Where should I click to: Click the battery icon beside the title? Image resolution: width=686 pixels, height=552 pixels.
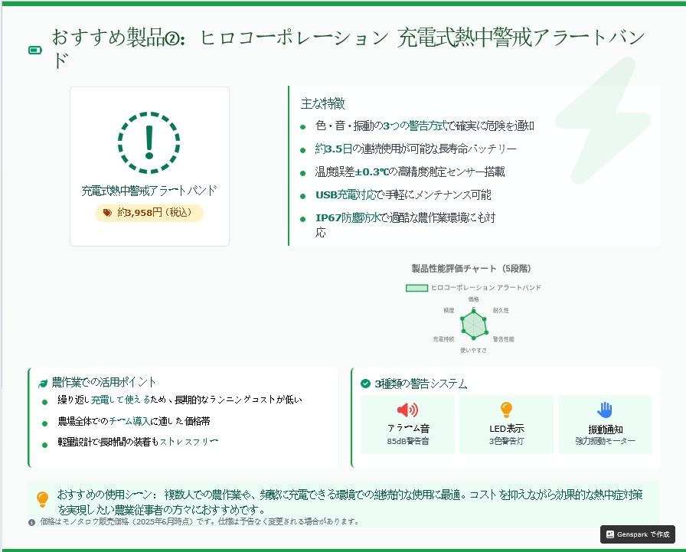point(35,51)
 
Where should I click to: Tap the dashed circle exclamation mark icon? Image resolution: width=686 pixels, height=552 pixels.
point(149,142)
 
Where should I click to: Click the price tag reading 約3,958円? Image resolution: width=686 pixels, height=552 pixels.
point(149,213)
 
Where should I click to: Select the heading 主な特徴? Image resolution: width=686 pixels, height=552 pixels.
point(322,103)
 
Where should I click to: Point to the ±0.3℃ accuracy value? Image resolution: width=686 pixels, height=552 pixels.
point(371,172)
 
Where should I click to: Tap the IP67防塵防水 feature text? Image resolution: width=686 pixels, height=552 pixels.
point(348,217)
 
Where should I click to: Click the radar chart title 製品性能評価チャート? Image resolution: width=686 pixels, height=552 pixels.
point(454,268)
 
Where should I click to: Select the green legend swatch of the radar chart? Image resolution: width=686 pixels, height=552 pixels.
point(416,288)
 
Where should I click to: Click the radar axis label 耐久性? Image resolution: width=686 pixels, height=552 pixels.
point(501,310)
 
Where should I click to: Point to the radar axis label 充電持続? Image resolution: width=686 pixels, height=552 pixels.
point(443,339)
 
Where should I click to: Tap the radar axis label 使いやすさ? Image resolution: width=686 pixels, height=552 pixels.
point(473,350)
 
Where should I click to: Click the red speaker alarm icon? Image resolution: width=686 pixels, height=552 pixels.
point(407,410)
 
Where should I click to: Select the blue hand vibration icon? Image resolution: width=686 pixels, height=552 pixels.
point(605,410)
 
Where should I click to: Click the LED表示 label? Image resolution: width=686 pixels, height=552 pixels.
point(507,429)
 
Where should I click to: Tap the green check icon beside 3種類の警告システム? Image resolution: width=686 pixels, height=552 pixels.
point(365,384)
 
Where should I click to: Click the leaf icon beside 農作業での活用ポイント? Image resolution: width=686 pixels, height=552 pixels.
point(42,384)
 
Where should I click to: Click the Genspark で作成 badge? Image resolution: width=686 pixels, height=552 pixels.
point(638,534)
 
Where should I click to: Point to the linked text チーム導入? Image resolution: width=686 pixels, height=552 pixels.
point(129,421)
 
